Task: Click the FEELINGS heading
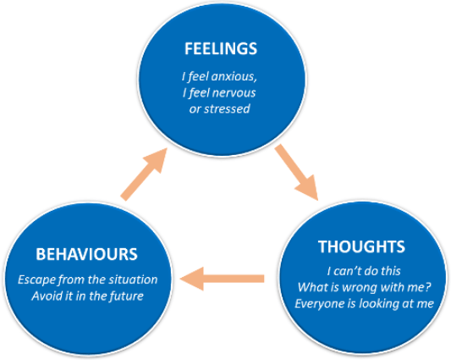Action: pos(221,48)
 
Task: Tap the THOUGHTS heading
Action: pos(361,246)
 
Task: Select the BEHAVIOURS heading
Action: pos(86,254)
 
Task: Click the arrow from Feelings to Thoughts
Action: pos(296,172)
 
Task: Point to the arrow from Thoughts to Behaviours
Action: pos(222,279)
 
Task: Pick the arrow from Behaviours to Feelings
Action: pos(144,174)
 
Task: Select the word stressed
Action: pos(227,109)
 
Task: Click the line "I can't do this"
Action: pos(364,271)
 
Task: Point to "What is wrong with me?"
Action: pos(364,287)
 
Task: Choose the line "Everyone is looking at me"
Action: pos(364,303)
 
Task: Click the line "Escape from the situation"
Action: pos(87,280)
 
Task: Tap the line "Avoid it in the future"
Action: pos(87,296)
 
